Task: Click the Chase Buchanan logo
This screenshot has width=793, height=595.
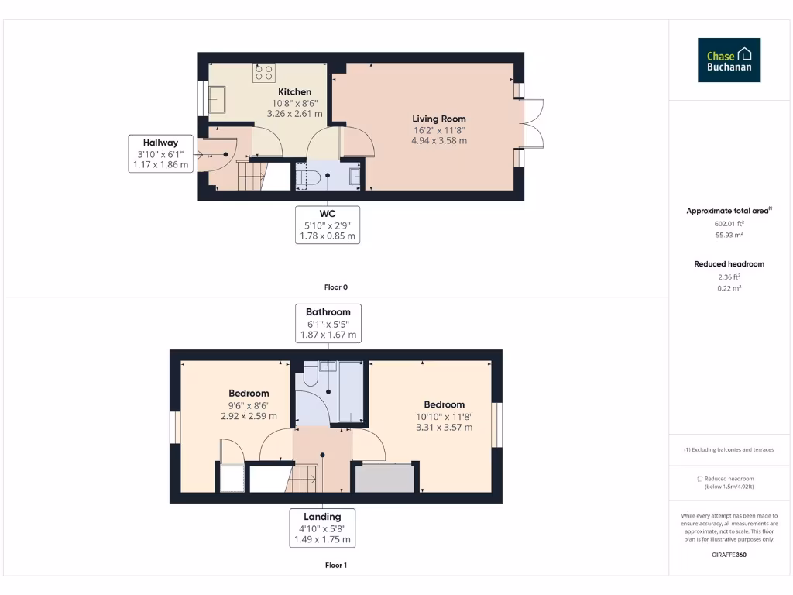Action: pyautogui.click(x=729, y=60)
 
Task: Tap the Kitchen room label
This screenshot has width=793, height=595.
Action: pyautogui.click(x=294, y=92)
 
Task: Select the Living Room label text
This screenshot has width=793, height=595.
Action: pyautogui.click(x=439, y=119)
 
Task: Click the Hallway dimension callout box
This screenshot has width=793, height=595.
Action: pyautogui.click(x=160, y=153)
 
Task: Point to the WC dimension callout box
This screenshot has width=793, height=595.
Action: pyautogui.click(x=328, y=225)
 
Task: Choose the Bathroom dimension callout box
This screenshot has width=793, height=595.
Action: pyautogui.click(x=328, y=323)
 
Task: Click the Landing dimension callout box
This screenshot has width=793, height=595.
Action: pyautogui.click(x=322, y=528)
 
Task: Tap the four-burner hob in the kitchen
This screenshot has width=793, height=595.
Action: pyautogui.click(x=263, y=73)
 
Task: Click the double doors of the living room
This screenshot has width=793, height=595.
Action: pyautogui.click(x=533, y=123)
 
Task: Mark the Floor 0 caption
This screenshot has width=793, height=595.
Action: pyautogui.click(x=335, y=287)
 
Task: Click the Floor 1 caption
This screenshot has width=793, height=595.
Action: pyautogui.click(x=335, y=566)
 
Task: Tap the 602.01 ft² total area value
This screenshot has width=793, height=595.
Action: pyautogui.click(x=729, y=223)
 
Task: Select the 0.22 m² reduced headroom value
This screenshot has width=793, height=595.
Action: pyautogui.click(x=729, y=288)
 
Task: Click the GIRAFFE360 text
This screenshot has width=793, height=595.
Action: pyautogui.click(x=729, y=555)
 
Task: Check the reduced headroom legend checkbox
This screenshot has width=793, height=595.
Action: pyautogui.click(x=700, y=479)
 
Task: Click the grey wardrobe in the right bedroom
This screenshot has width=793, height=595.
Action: pyautogui.click(x=383, y=478)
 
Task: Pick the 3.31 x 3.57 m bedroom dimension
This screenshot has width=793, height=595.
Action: pyautogui.click(x=444, y=427)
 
